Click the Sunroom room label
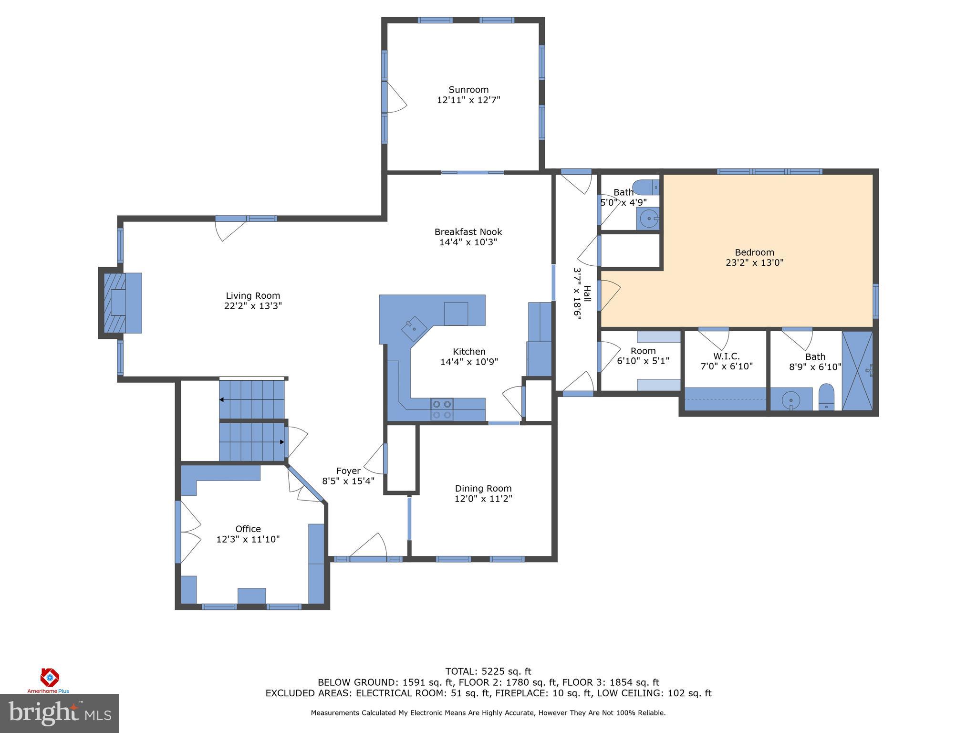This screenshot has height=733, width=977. [468, 90]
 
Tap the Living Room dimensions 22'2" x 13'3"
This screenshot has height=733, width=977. [253, 306]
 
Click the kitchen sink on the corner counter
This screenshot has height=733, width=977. [414, 328]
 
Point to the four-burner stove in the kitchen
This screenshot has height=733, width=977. [441, 409]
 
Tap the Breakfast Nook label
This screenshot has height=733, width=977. [468, 232]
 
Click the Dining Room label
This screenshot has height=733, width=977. [483, 488]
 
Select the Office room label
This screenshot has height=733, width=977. [248, 529]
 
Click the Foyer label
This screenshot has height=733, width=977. [348, 471]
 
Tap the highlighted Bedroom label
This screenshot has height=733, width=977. [754, 252]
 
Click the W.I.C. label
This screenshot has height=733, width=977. [726, 356]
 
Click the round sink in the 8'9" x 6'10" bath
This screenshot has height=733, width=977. [791, 399]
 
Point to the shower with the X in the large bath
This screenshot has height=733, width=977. [857, 370]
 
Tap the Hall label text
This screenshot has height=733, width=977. [587, 293]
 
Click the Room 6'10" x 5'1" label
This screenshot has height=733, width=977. [643, 351]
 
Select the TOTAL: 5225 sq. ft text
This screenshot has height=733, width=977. [488, 672]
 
